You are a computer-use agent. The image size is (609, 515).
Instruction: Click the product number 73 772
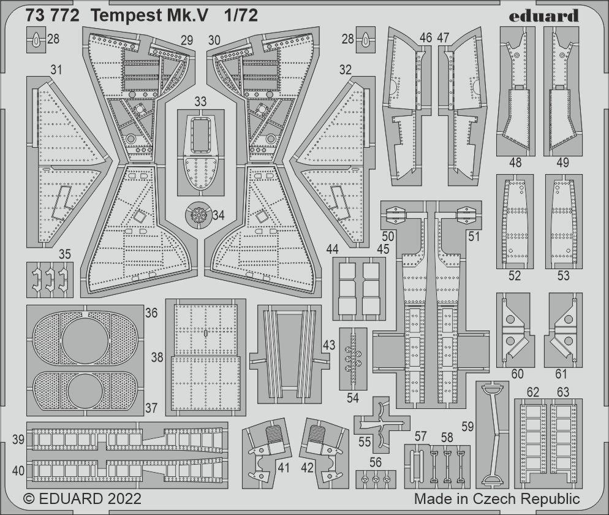tap(52, 17)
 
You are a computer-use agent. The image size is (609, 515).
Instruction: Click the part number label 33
tap(200, 101)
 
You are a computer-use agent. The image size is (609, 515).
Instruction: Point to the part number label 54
tap(352, 397)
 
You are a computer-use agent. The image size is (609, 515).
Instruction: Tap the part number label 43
tap(328, 345)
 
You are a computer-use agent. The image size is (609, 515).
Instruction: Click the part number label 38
tap(157, 357)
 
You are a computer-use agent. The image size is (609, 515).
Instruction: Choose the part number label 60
tap(518, 374)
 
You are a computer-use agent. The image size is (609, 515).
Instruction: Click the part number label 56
tap(376, 463)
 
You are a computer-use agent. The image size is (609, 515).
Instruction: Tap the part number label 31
tap(56, 71)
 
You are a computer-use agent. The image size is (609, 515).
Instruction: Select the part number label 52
tap(515, 276)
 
